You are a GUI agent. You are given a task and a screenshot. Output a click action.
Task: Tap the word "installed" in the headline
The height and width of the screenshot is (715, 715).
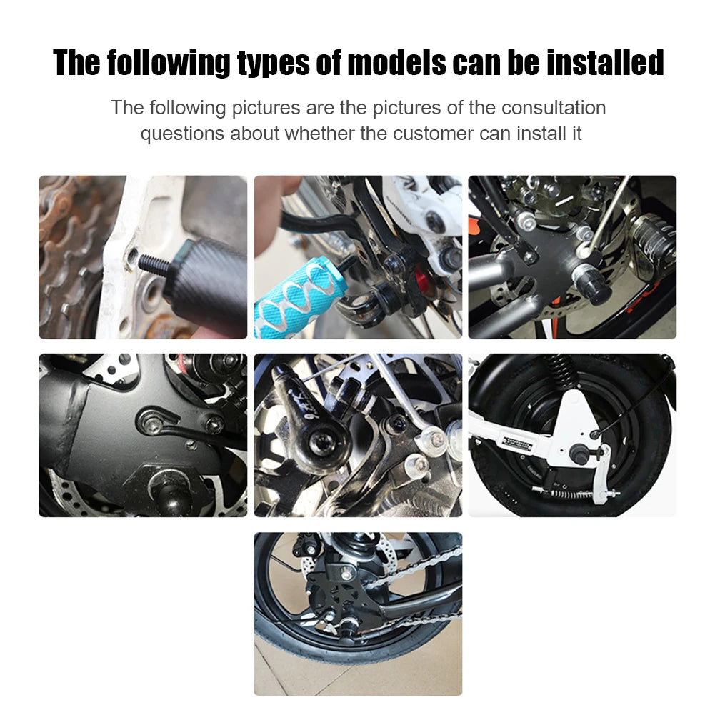[x=605, y=63]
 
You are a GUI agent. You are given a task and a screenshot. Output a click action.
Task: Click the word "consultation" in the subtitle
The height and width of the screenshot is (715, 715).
[x=554, y=108]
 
